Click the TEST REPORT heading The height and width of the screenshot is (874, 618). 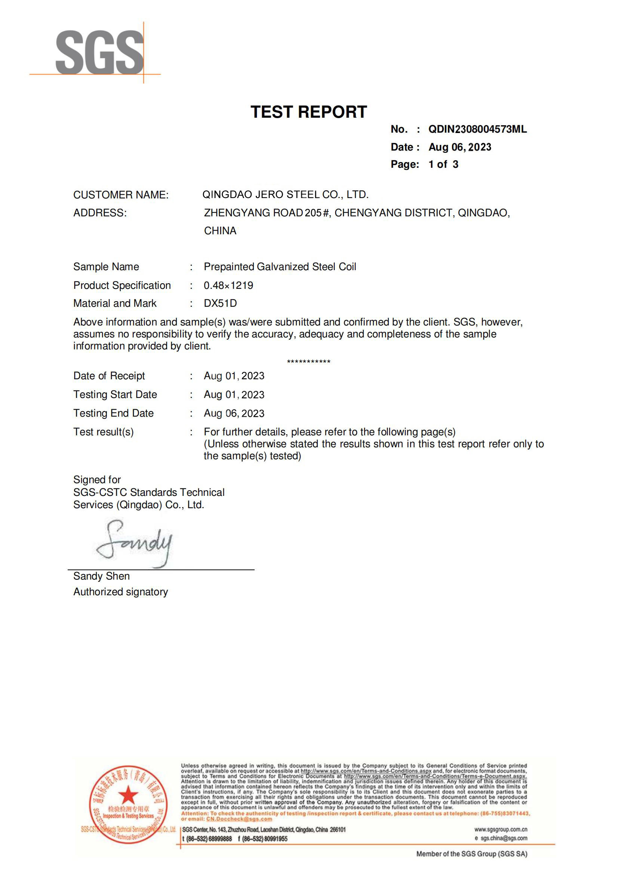[x=308, y=112]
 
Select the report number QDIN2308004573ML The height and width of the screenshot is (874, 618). [x=477, y=129]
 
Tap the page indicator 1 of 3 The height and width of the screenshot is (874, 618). [x=443, y=164]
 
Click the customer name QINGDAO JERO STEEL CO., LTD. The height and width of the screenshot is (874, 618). [x=285, y=195]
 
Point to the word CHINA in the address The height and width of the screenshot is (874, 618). [x=220, y=231]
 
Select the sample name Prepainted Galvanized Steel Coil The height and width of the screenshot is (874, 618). [x=280, y=266]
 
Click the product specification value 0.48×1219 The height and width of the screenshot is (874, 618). [x=228, y=285]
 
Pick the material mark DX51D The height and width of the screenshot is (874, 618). [x=221, y=303]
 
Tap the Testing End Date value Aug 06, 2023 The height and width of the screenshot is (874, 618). [x=234, y=413]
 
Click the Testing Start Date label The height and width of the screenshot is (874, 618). [x=115, y=394]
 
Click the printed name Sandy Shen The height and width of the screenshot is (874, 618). [x=102, y=576]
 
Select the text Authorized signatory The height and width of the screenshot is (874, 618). [x=121, y=592]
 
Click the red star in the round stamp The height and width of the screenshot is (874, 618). [x=128, y=794]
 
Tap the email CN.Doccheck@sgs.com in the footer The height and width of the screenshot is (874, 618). [x=239, y=819]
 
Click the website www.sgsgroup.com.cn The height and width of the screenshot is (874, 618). [x=500, y=830]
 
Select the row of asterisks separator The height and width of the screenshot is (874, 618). [x=309, y=361]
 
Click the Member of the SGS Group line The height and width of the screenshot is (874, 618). [x=471, y=854]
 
